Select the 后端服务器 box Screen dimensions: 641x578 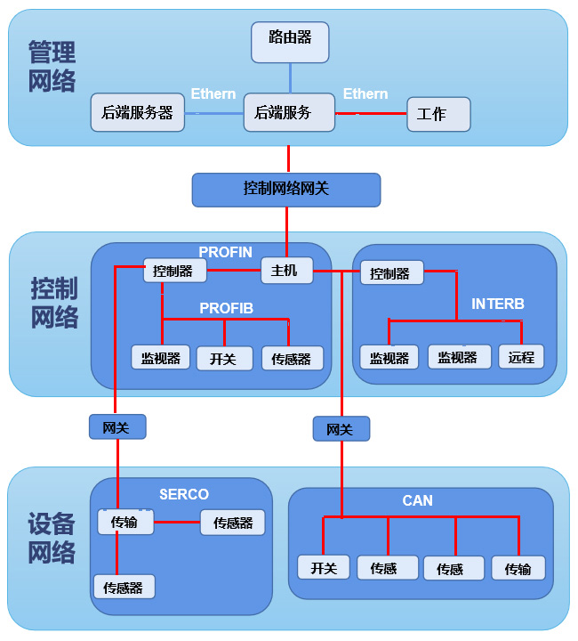tap(137, 113)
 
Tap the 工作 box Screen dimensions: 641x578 tap(438, 114)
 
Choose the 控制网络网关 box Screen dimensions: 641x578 tap(285, 189)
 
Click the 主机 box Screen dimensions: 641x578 tap(286, 270)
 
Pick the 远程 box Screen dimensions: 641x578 tap(521, 357)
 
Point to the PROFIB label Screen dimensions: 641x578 tap(226, 308)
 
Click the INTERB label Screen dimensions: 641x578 tap(497, 304)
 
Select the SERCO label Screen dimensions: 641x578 tap(183, 494)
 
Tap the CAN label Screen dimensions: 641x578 tap(417, 500)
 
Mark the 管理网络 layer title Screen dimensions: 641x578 tap(52, 67)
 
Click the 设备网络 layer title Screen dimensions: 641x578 tap(52, 538)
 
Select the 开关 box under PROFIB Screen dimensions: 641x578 tap(223, 359)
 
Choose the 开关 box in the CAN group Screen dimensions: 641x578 tap(323, 568)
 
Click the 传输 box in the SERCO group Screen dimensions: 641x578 tap(124, 523)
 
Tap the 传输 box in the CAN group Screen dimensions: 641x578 tap(518, 568)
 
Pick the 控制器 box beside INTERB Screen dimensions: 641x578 tap(390, 273)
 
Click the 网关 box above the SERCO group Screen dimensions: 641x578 tap(116, 427)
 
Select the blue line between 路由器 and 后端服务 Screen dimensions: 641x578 tap(289, 78)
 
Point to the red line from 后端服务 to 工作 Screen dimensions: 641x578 tap(371, 113)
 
